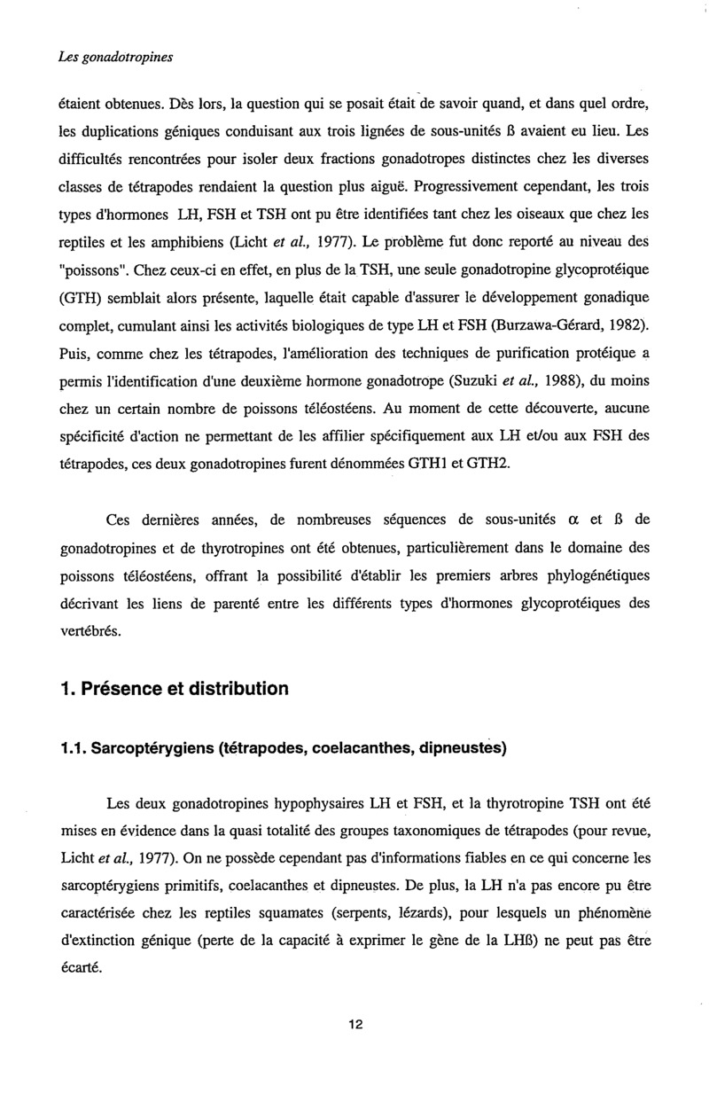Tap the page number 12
355,1025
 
